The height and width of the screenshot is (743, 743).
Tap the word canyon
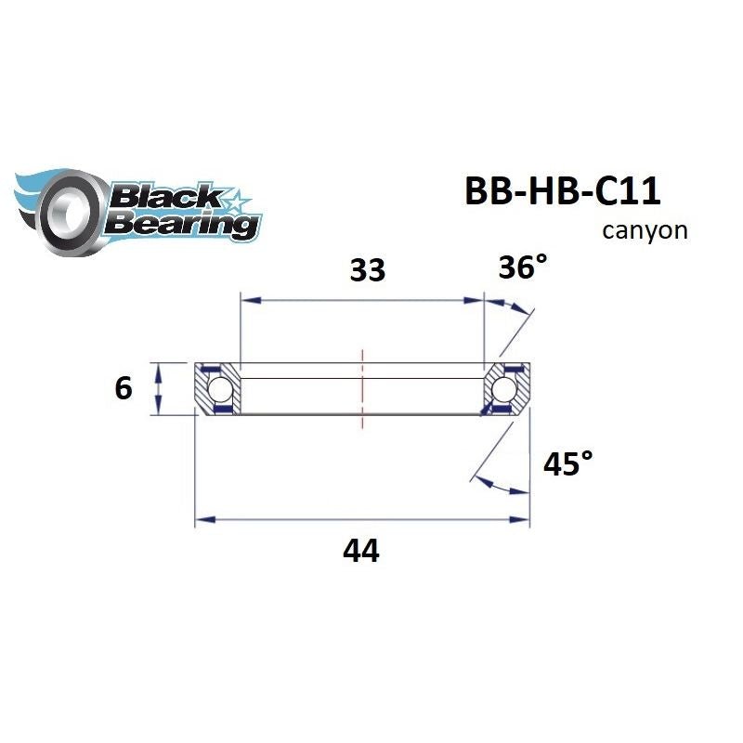[x=645, y=230]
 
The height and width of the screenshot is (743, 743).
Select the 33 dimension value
[x=366, y=270]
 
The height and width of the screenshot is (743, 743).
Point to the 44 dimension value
[x=360, y=552]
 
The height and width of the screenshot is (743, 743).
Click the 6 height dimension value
[x=124, y=387]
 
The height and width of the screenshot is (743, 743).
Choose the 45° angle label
[x=567, y=463]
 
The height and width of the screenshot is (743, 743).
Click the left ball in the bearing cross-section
[x=219, y=387]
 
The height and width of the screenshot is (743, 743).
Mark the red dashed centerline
[x=362, y=390]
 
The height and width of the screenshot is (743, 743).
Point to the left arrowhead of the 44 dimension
[x=202, y=520]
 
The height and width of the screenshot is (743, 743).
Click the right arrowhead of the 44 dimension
[x=521, y=520]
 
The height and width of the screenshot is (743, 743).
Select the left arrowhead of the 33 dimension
[x=247, y=300]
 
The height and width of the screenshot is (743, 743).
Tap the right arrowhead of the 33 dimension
[x=476, y=300]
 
